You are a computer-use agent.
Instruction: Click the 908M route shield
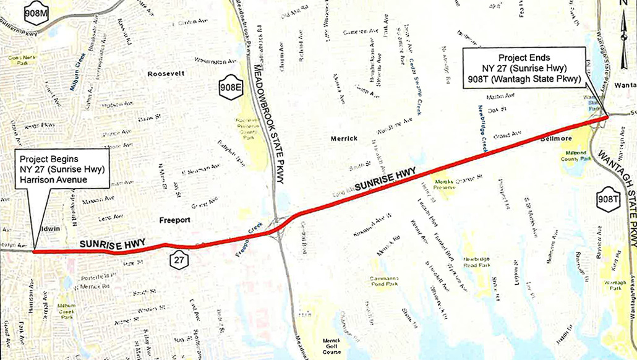pos(36,13)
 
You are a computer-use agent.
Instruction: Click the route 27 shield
pos(179,260)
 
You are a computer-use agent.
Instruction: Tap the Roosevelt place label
pos(166,74)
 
